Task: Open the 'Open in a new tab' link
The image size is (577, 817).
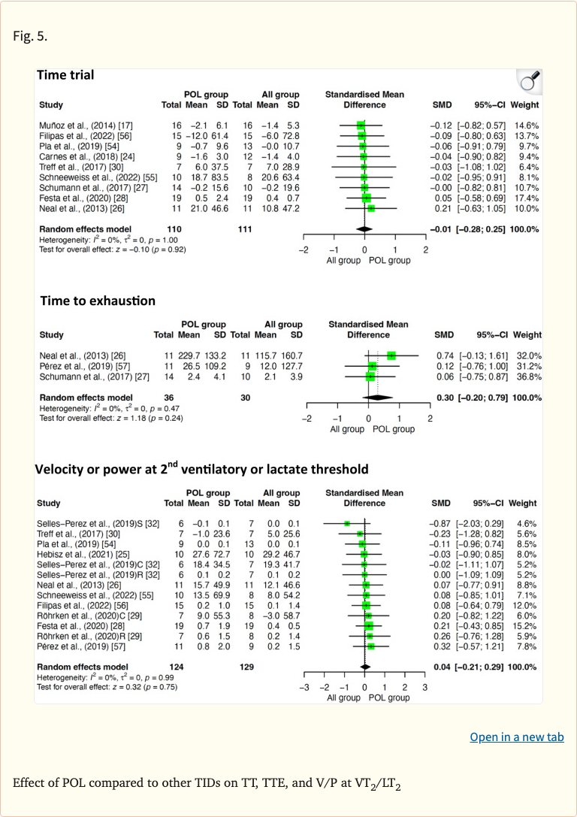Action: tap(516, 737)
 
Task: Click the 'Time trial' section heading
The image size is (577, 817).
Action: tap(66, 74)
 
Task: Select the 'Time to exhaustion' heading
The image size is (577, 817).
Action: tap(98, 301)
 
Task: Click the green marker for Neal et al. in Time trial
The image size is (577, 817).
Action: tap(370, 208)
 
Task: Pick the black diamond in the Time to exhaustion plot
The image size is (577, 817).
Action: tap(377, 398)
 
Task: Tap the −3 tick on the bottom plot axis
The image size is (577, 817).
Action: tap(304, 687)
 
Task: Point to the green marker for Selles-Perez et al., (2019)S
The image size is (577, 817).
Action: tap(347, 523)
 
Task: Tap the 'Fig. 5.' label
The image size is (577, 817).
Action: tap(30, 36)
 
